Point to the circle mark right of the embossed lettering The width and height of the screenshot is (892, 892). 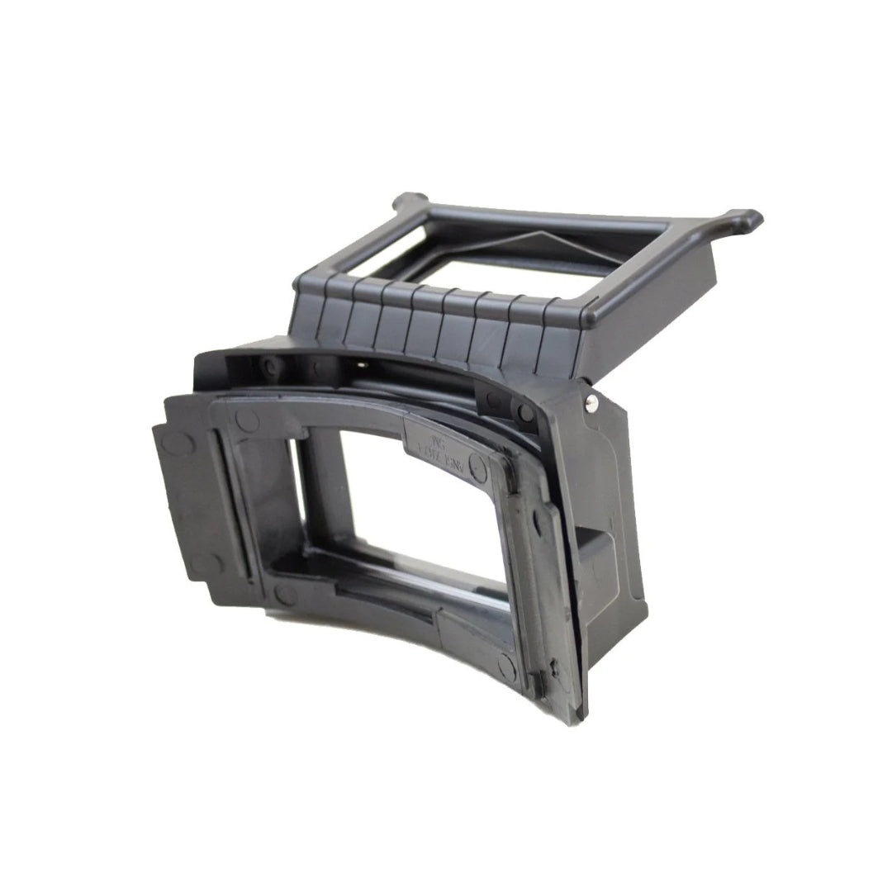[x=477, y=462]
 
